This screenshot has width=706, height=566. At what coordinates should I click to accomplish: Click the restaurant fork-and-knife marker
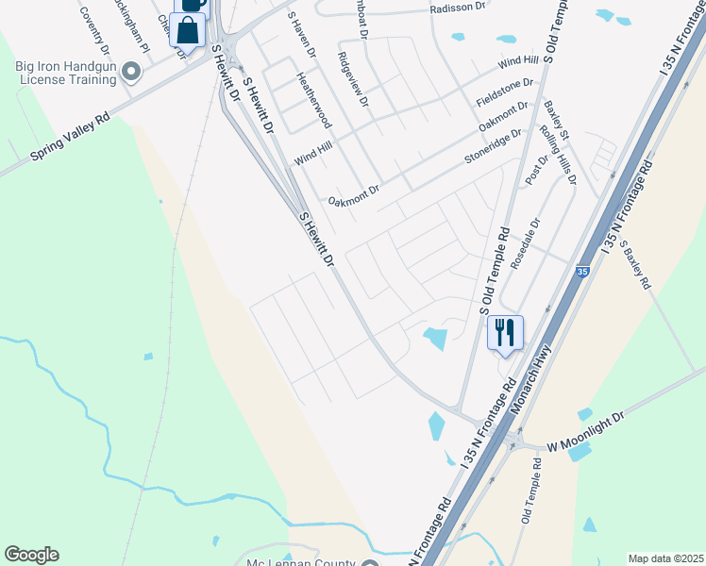click(x=505, y=332)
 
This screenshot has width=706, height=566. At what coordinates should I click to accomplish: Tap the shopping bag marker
click(x=189, y=31)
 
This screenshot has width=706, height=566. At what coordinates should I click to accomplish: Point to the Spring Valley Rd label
click(x=70, y=138)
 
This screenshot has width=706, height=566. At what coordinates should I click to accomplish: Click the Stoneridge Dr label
click(x=493, y=147)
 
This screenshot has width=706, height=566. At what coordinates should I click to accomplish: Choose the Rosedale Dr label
click(x=525, y=246)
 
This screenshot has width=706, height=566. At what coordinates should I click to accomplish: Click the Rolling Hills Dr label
click(x=556, y=158)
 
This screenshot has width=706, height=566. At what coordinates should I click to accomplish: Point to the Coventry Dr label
click(x=97, y=30)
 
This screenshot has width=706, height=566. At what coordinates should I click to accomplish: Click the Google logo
click(x=31, y=554)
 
